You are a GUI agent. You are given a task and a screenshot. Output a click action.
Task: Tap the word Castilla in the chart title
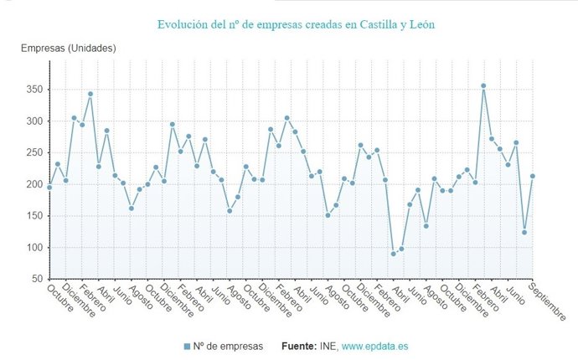[x=374, y=25]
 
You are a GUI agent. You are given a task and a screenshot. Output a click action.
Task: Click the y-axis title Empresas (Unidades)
[x=69, y=49]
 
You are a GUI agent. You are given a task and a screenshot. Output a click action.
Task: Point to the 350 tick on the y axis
[x=34, y=90]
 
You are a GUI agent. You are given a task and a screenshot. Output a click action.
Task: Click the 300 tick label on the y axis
[x=34, y=121]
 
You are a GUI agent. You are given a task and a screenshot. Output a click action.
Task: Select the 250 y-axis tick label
[x=34, y=152]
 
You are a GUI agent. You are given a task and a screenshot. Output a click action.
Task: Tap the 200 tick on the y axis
[x=34, y=184]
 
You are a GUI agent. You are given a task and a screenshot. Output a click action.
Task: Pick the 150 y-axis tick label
[x=34, y=216]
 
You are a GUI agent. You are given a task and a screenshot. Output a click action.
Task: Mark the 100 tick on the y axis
[x=34, y=248]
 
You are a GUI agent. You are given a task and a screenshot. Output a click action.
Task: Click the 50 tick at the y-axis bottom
[x=38, y=279]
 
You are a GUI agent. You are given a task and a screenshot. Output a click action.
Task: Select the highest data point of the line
[x=483, y=85]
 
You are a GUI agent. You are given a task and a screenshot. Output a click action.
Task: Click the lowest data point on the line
[x=393, y=254]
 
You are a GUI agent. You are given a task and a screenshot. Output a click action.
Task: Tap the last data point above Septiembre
[x=533, y=176]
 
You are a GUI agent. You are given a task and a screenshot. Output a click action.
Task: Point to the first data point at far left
[x=49, y=188]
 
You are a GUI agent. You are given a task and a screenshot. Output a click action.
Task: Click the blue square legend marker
[x=186, y=346]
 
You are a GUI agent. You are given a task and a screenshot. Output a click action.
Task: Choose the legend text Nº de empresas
[x=228, y=346]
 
